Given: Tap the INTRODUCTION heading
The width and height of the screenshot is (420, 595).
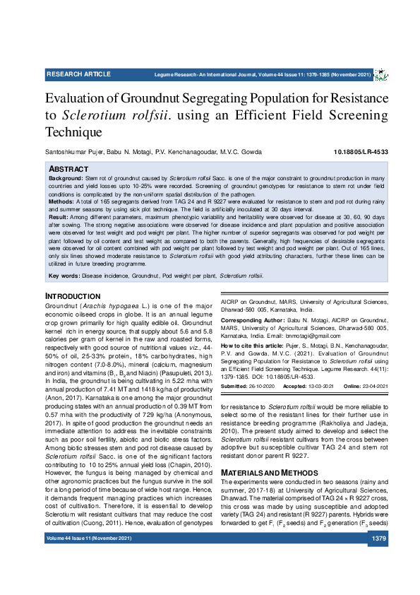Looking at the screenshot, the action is pyautogui.click(x=73, y=295).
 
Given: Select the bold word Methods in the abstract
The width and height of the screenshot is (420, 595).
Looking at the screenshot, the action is pyautogui.click(x=62, y=201).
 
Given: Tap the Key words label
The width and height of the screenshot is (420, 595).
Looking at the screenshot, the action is pyautogui.click(x=64, y=275).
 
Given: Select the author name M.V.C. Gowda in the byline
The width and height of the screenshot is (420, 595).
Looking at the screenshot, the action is pyautogui.click(x=241, y=153).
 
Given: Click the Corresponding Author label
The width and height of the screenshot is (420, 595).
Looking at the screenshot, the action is pyautogui.click(x=252, y=320).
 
